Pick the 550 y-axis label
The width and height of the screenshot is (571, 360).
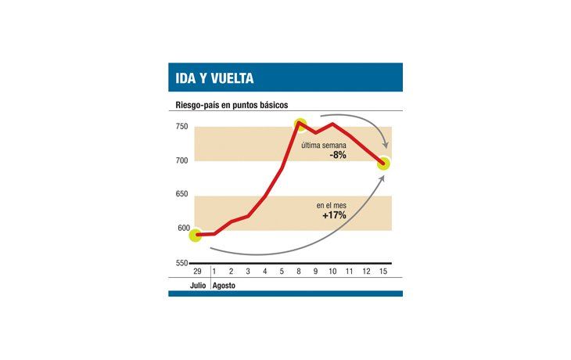coord(181,263)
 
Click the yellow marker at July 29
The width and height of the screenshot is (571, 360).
coord(196,234)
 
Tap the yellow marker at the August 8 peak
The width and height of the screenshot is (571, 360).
coord(300,124)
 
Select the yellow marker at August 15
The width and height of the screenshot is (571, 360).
coord(383,164)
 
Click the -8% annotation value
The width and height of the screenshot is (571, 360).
coord(338,156)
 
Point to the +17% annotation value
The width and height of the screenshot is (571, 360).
coord(333,215)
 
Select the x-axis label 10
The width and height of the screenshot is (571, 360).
coord(332,271)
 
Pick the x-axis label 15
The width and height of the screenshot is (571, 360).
coord(383,271)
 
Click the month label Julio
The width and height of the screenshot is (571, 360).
coord(198,286)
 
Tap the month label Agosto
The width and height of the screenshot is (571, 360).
coord(224,286)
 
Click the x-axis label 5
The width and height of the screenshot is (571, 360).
coord(282,271)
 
